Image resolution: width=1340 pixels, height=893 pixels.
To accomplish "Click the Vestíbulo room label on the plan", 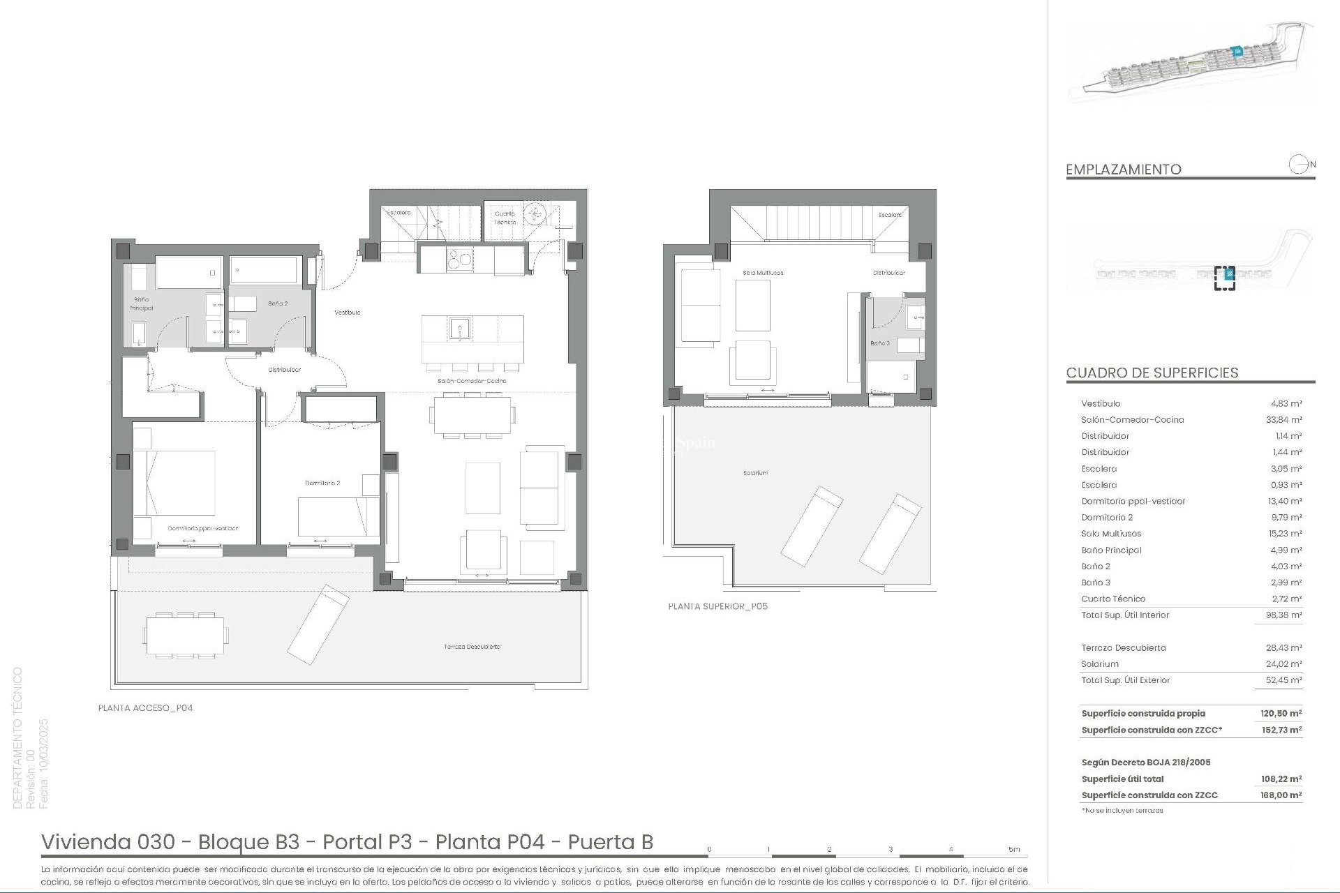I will (347, 313).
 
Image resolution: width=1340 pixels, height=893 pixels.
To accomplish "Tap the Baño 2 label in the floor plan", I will (278, 303).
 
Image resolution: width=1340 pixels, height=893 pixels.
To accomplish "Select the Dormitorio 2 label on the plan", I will (322, 483).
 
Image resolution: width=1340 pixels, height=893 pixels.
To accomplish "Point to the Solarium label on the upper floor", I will (755, 473).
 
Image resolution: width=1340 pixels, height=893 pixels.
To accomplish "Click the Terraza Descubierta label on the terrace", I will (472, 647).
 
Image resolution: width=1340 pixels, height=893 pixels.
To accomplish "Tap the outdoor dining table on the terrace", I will (185, 635).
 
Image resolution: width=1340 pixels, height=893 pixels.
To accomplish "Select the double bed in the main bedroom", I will (174, 483).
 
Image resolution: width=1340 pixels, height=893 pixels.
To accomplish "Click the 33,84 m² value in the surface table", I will (1286, 420).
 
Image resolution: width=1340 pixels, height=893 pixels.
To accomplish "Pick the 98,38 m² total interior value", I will (1286, 615).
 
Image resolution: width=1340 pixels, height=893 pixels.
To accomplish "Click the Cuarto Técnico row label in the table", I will (1113, 599).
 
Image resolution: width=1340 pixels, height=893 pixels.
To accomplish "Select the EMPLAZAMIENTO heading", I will (1124, 170).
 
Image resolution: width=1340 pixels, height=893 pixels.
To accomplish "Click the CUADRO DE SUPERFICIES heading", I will (1152, 373).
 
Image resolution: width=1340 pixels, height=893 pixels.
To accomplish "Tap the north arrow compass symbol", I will (1298, 165).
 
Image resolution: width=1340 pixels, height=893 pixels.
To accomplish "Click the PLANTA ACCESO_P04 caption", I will (145, 708).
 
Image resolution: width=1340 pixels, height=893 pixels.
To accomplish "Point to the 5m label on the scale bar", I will (1014, 850).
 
